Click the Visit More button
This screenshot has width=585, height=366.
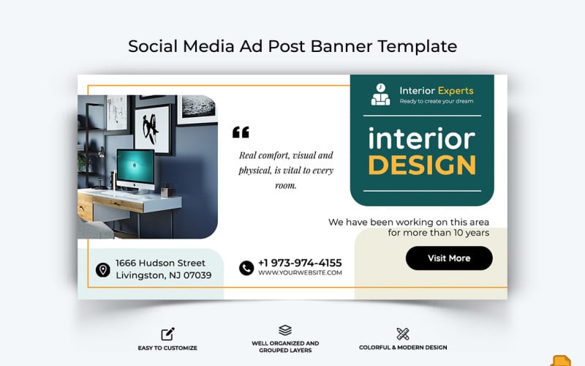coord(449,258)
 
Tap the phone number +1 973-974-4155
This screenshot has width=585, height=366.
coord(300,263)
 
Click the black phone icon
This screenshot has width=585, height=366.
coord(246,268)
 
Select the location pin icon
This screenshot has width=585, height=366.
coord(103,270)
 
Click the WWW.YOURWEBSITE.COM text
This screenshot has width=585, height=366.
coord(300,273)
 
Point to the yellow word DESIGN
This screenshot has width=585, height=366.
coord(422,165)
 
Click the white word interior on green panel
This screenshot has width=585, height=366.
coord(421,138)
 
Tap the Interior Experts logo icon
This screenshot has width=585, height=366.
coord(380,94)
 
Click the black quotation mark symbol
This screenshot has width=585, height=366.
coord(241,132)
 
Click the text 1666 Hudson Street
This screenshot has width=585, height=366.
coord(160,263)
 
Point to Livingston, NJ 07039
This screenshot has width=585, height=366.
coord(163,275)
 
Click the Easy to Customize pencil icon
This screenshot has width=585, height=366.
coord(167,334)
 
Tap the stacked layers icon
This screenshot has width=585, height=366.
coord(285,331)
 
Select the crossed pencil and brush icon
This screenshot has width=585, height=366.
coord(403,334)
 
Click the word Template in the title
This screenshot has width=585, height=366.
coord(417,46)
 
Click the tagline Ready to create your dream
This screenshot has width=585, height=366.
coord(437,102)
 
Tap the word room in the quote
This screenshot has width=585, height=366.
coord(286,185)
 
